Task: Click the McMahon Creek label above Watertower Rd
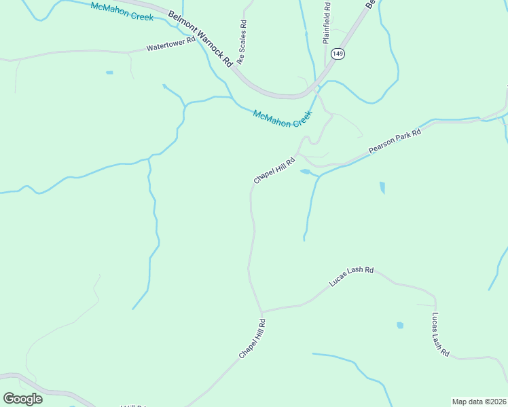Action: (122, 12)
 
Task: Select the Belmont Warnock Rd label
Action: (200, 38)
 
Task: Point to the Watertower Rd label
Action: (170, 44)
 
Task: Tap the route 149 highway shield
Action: (337, 53)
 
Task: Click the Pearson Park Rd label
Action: (395, 140)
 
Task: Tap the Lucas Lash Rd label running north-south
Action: (440, 334)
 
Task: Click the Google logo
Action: (22, 398)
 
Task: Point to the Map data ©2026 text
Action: (479, 401)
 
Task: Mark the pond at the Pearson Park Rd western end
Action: (306, 172)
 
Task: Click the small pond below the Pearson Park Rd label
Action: (382, 187)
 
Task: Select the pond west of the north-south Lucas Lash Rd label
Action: (400, 326)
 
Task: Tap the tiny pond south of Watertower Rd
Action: (109, 72)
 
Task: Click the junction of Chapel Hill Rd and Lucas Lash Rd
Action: (261, 312)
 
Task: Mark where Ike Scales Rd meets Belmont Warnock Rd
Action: (236, 67)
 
